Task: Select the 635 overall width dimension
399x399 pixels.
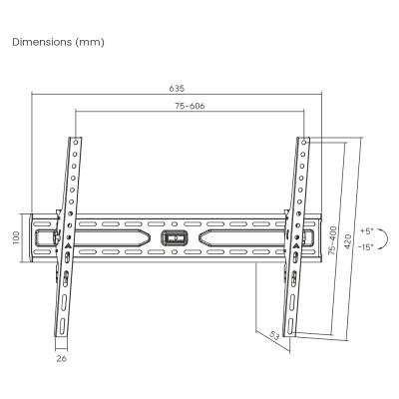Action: (x=177, y=89)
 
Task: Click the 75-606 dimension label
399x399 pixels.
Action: (x=190, y=106)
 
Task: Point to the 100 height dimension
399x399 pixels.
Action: (x=16, y=237)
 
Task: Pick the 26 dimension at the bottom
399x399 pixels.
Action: (x=62, y=358)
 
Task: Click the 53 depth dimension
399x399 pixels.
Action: (x=273, y=335)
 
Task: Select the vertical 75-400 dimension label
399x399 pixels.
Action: (x=332, y=240)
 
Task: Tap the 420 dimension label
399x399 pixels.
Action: (x=347, y=242)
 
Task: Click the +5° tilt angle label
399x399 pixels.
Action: (x=367, y=231)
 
